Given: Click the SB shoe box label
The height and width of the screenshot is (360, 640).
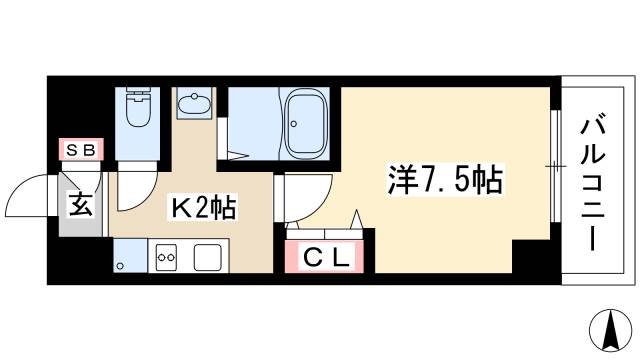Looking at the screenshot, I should click(79, 150).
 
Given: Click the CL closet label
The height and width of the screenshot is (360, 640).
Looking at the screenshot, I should click(327, 258).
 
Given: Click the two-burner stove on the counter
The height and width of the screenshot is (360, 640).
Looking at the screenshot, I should click(166, 256).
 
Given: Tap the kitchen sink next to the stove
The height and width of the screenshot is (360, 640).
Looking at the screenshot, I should click(208, 256).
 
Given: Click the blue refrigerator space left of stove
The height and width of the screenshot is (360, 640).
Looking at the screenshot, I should click(128, 256).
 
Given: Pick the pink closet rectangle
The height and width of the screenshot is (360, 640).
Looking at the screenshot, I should click(327, 257).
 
